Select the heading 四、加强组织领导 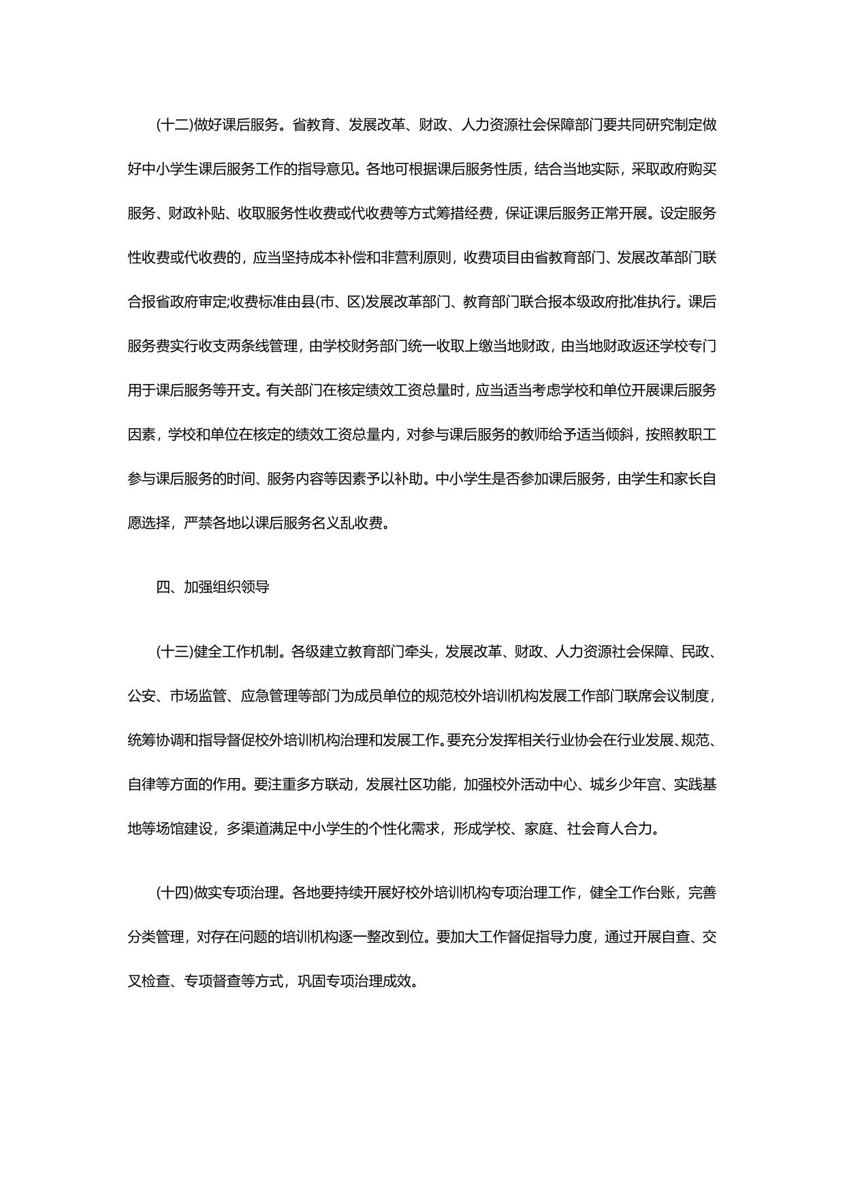(212, 586)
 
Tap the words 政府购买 (688, 169)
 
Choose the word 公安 (142, 696)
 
